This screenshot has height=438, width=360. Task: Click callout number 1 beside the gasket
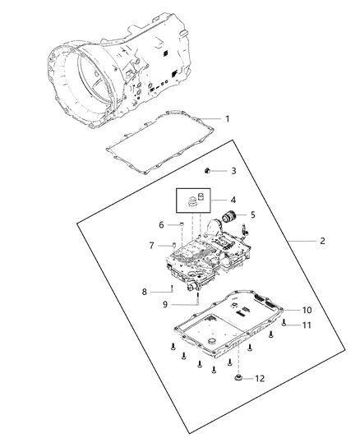tap(227, 119)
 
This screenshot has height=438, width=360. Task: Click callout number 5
tap(252, 214)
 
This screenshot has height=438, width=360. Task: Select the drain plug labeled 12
tap(238, 377)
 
